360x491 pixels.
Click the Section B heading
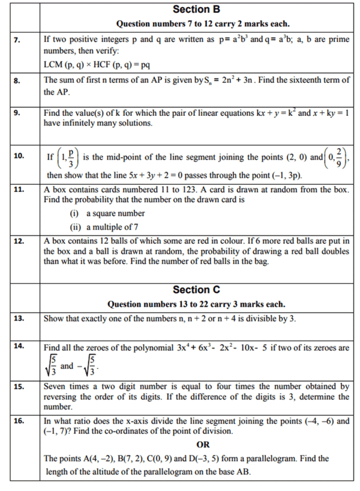(x=196, y=9)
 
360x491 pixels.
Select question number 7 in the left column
(x=19, y=40)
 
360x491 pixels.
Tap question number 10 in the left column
(x=19, y=155)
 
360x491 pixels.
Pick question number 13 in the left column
(x=19, y=318)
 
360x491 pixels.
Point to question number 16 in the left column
(x=19, y=421)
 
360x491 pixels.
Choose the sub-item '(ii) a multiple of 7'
(x=107, y=226)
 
